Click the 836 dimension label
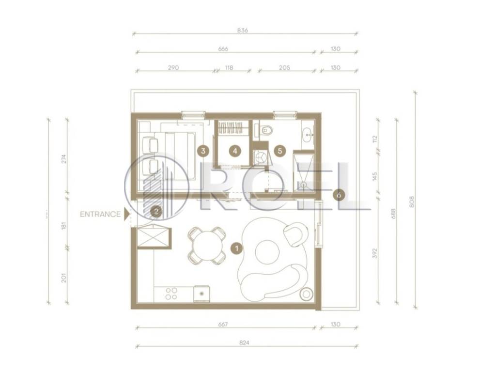242,31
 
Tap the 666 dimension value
223,49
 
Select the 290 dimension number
173,67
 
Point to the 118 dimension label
229,67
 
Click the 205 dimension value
285,67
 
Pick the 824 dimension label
245,342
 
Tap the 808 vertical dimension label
412,202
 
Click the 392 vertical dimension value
375,253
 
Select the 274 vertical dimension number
64,159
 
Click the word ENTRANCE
100,215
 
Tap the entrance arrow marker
126,214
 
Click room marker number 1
236,248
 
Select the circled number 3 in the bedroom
203,151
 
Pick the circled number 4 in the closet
235,151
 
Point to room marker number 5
279,151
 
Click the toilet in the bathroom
266,130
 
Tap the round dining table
206,246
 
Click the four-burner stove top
171,294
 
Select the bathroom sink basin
308,134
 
